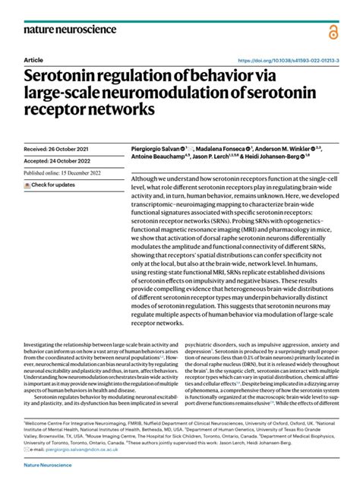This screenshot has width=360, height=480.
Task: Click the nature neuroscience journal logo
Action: pyautogui.click(x=70, y=29)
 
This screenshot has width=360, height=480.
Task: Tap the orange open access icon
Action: pyautogui.click(x=333, y=31)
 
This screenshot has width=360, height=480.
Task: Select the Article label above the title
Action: pyautogui.click(x=33, y=59)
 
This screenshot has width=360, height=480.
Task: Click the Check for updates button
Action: pyautogui.click(x=53, y=185)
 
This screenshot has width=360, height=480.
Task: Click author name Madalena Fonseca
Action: pyautogui.click(x=222, y=149)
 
